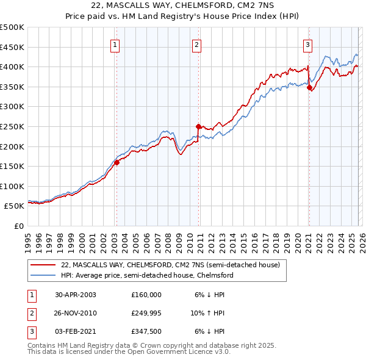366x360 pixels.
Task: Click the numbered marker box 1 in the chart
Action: click(116, 44)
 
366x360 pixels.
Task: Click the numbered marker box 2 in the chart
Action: click(197, 44)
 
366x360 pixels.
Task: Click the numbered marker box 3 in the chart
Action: click(308, 44)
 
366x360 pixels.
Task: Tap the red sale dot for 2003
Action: click(117, 162)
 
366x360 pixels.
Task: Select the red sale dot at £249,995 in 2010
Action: click(198, 126)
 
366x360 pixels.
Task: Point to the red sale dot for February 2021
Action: click(309, 87)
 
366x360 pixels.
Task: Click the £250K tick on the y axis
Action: click(12, 126)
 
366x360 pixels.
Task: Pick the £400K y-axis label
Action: click(12, 67)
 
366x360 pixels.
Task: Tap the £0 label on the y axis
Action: click(18, 226)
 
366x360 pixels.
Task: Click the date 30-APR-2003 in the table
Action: click(75, 294)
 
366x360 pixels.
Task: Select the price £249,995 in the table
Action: click(146, 313)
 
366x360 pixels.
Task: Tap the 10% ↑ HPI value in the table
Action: click(207, 313)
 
